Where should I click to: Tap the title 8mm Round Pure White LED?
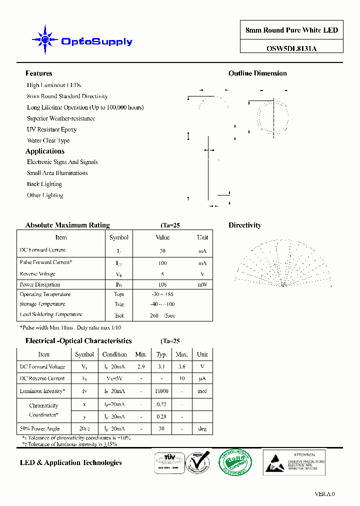click(x=291, y=30)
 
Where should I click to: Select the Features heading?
click(x=38, y=73)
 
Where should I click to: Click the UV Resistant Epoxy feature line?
click(x=52, y=129)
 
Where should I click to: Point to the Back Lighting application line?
click(x=44, y=184)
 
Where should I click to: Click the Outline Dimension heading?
click(x=257, y=73)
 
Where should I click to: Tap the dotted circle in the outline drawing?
click(x=273, y=115)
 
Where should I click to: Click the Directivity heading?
click(x=245, y=225)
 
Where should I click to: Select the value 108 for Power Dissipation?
click(x=162, y=284)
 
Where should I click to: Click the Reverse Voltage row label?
click(x=37, y=274)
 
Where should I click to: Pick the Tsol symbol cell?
click(x=118, y=315)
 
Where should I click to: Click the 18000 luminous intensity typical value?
click(x=161, y=391)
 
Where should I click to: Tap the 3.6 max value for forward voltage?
click(x=181, y=366)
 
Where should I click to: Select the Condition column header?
click(x=114, y=354)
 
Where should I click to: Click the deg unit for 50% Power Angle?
click(x=202, y=428)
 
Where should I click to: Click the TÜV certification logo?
click(x=167, y=461)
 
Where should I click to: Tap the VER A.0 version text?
click(x=324, y=494)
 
